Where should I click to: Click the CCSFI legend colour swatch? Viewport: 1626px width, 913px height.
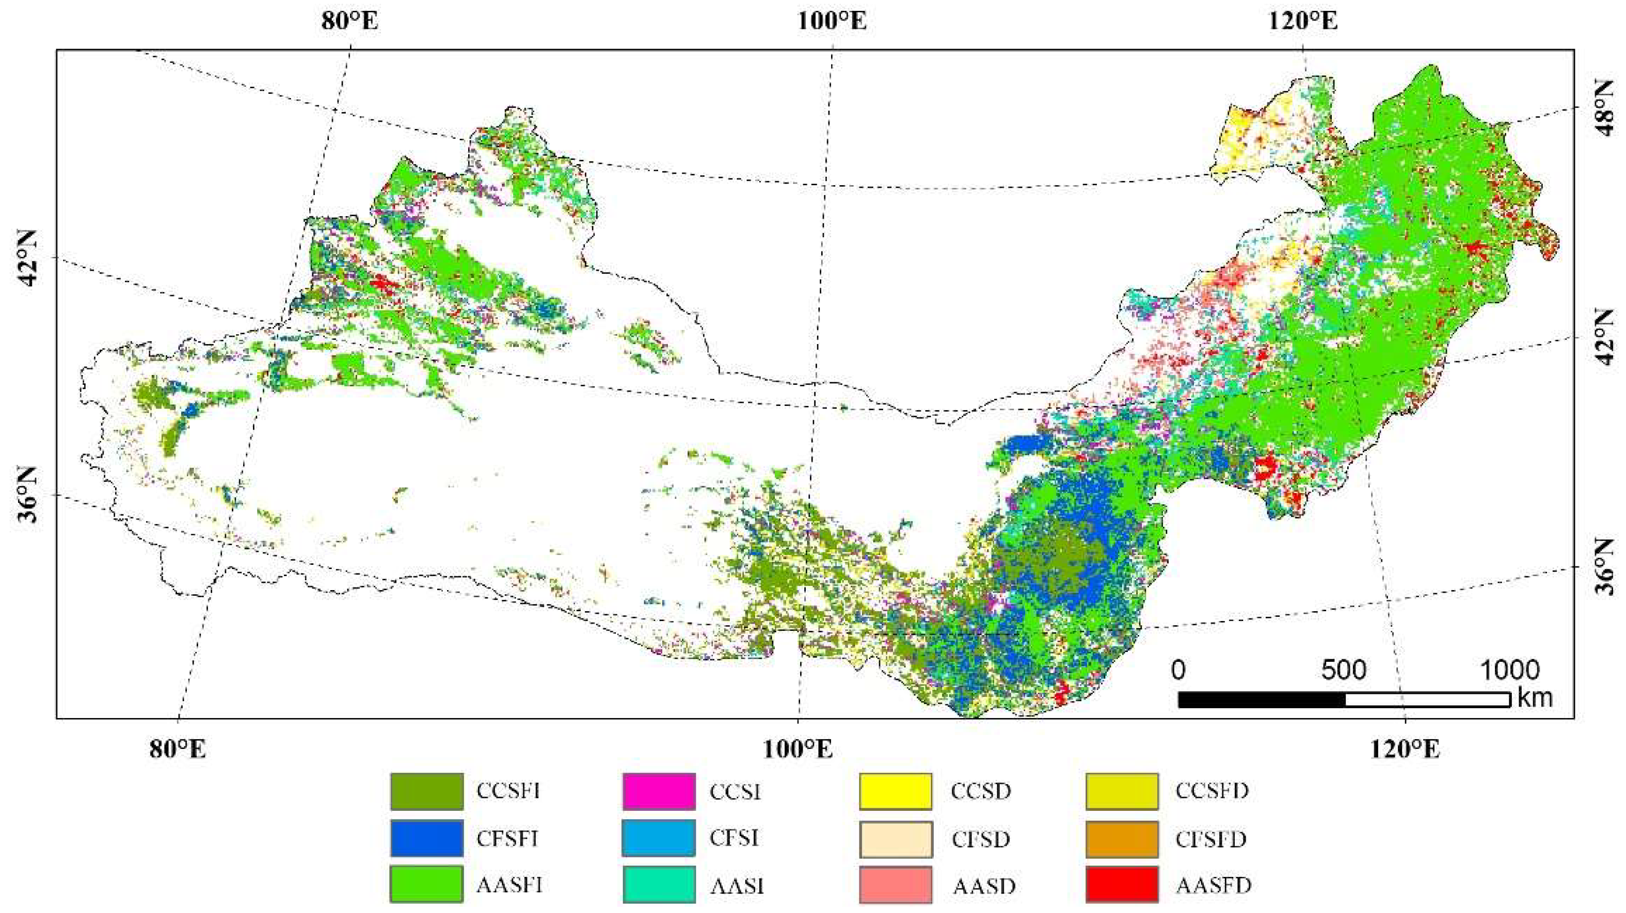pyautogui.click(x=427, y=791)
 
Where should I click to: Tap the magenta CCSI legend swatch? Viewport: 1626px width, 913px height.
pyautogui.click(x=659, y=791)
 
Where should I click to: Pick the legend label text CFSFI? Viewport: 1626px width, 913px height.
pyautogui.click(x=507, y=839)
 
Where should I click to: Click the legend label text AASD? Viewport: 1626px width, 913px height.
pyautogui.click(x=984, y=886)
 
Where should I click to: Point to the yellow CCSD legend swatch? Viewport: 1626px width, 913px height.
pyautogui.click(x=896, y=791)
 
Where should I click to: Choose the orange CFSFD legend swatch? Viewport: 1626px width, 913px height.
pyautogui.click(x=1122, y=839)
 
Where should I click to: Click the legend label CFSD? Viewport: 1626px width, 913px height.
pyautogui.click(x=981, y=839)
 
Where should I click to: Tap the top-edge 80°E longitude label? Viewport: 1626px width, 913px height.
pyautogui.click(x=349, y=22)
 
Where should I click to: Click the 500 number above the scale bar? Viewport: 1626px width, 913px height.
pyautogui.click(x=1343, y=670)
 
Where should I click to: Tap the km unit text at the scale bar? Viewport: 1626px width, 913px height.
pyautogui.click(x=1535, y=698)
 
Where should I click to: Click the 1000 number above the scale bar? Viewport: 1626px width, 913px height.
pyautogui.click(x=1509, y=670)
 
